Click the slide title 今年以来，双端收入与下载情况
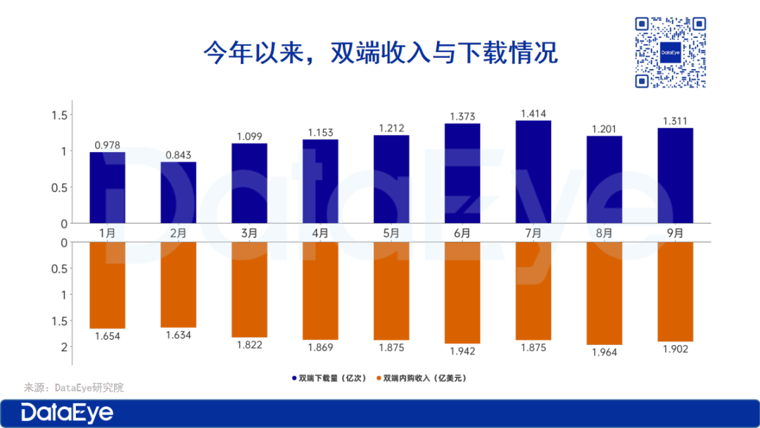point(380,53)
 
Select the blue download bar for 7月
point(533,172)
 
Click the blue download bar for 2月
point(178,192)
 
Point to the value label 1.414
point(533,113)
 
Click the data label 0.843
point(178,155)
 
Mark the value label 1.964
point(604,352)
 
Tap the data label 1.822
point(249,345)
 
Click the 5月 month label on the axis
point(391,232)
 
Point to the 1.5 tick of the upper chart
point(58,115)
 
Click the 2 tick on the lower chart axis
point(63,346)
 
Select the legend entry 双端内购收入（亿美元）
point(422,378)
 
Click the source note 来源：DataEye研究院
point(74,387)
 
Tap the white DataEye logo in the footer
point(66,413)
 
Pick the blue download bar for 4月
point(320,181)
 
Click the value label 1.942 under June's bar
point(462,351)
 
